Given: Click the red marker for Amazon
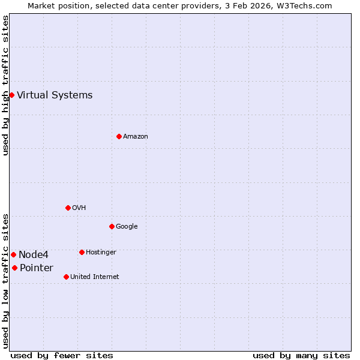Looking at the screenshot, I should point(119,136).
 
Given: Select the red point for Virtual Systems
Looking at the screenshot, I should point(11,95).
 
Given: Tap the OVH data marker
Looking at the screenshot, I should point(68,208).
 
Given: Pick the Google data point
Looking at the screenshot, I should point(112,226).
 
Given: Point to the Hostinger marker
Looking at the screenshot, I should point(82,252).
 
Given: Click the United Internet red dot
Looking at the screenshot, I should point(66,277).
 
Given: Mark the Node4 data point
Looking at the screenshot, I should point(13,255).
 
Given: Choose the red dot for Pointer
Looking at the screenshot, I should point(14,268).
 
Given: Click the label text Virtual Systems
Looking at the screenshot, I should point(55,95).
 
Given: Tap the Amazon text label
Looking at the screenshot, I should point(136,137).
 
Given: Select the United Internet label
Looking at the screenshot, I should point(95,277).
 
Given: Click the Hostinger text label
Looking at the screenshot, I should point(101,253).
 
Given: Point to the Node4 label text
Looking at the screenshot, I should point(34,255).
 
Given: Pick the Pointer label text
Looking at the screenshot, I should point(37,268).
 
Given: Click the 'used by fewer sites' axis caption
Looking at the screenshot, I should point(62,355).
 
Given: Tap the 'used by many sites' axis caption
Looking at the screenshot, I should point(301,355).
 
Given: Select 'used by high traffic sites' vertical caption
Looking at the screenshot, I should point(5,85).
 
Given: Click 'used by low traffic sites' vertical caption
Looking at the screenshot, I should point(5,281).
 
